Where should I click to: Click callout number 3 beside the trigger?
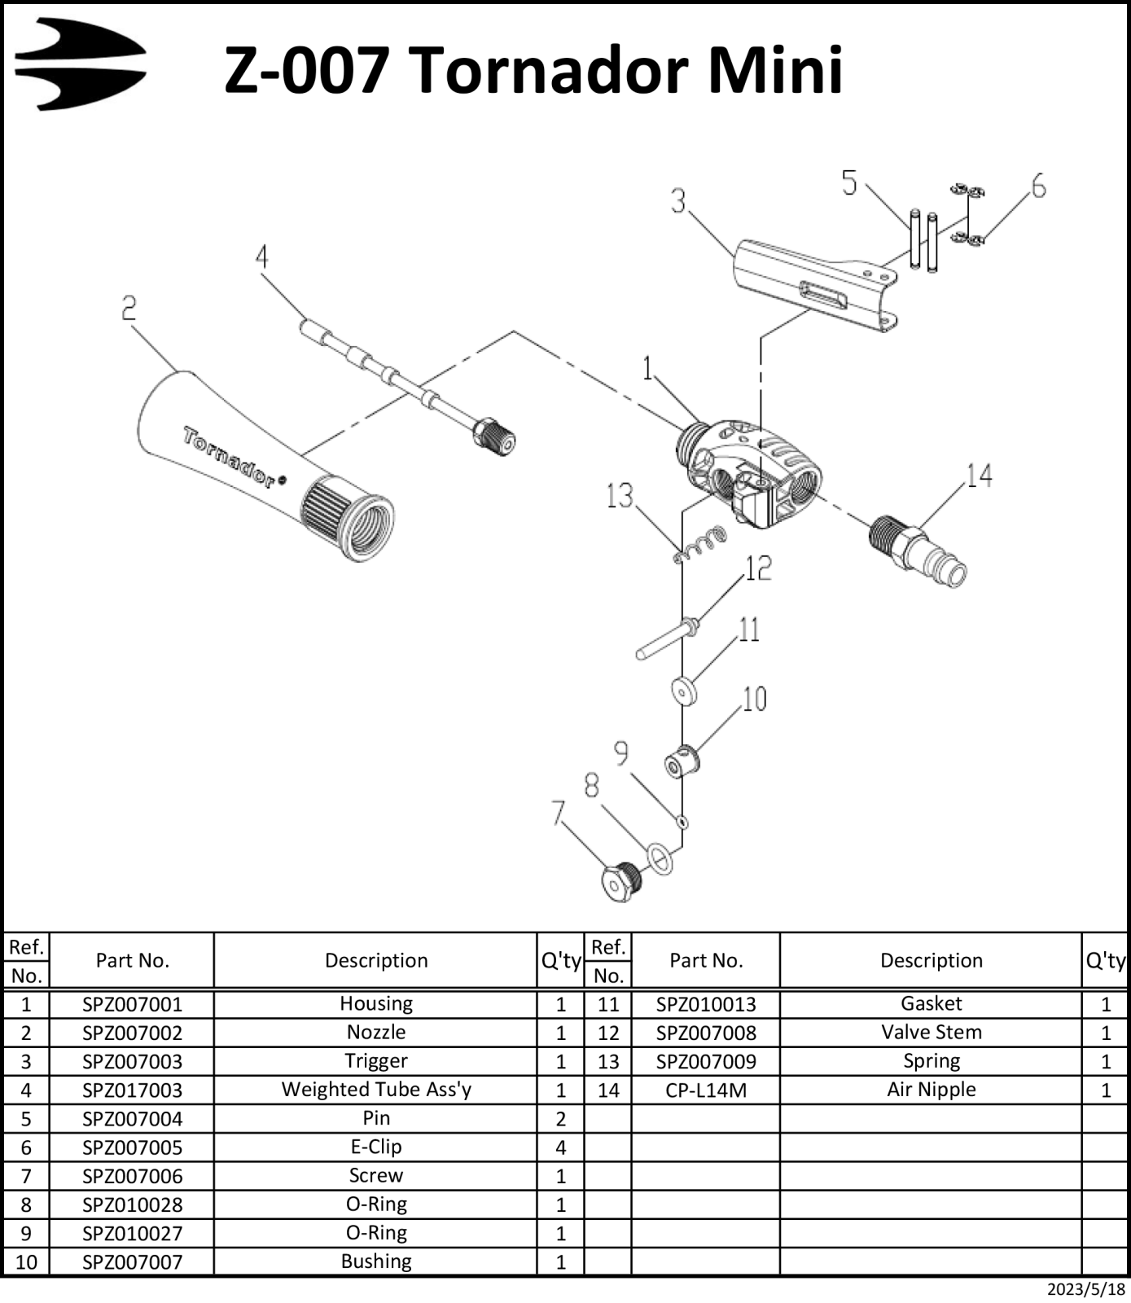coord(678,201)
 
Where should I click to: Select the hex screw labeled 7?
coord(621,880)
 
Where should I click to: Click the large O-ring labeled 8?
coord(660,859)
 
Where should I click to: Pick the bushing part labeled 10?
coord(682,762)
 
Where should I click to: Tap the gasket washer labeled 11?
coord(684,691)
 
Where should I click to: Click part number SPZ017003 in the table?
coord(132,1090)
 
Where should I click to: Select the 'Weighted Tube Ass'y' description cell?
coord(376,1090)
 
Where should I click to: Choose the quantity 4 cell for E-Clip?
coord(560,1147)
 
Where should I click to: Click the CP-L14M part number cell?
coord(706,1090)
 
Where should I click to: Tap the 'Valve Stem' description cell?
coord(932,1033)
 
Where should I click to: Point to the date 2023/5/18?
coord(1085,1289)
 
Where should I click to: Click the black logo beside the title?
coord(80,64)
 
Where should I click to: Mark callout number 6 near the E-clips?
coord(1038,186)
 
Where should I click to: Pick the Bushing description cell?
coord(376,1261)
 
